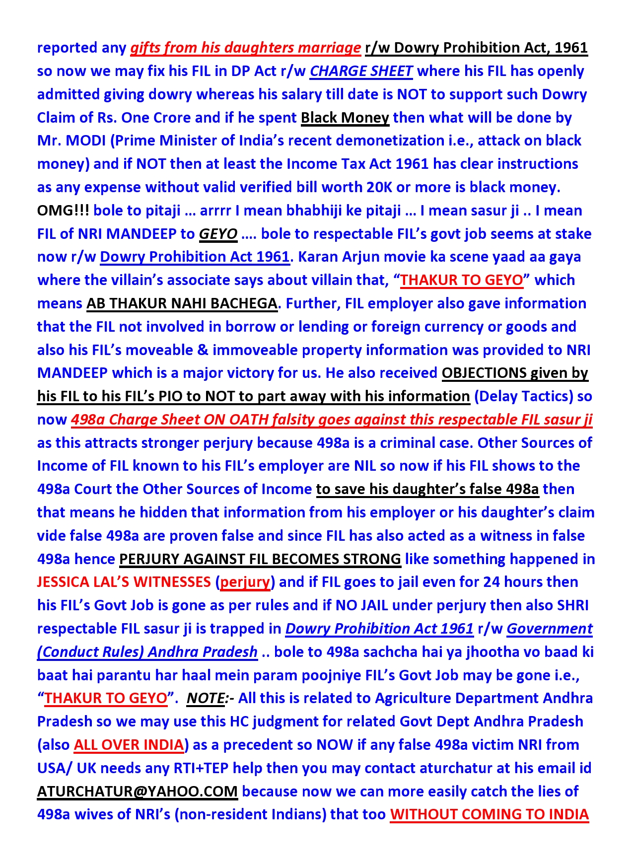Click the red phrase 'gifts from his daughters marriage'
245,48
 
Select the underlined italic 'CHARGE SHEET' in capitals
361,71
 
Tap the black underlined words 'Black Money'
345,118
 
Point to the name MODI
86,141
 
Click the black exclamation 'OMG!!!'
63,211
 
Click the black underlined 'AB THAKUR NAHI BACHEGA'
182,303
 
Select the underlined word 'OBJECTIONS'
484,373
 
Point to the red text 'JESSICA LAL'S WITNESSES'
124,582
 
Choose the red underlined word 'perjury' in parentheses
245,582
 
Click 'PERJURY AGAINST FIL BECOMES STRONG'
260,559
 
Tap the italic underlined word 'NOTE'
205,698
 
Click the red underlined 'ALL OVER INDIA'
129,745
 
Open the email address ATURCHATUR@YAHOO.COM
137,792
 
